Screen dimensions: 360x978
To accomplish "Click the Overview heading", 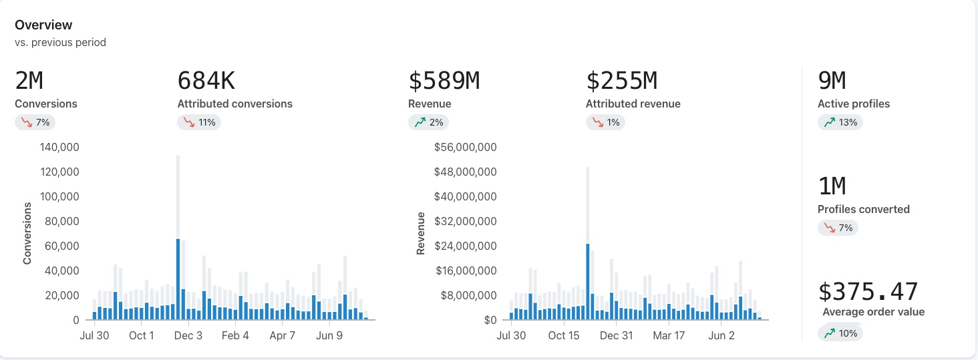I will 43,25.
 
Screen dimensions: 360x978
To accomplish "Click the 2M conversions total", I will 29,81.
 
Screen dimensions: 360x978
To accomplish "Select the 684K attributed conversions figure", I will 206,81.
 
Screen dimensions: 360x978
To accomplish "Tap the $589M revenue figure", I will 444,81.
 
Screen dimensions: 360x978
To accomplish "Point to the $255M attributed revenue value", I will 621,81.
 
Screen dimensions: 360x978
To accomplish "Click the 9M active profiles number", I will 832,81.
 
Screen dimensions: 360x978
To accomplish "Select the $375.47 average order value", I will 868,292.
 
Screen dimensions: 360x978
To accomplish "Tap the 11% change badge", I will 199,123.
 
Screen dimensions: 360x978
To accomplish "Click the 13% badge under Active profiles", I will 840,123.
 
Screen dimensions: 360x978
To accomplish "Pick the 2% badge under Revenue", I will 428,123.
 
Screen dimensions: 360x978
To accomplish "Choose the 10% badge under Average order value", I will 840,333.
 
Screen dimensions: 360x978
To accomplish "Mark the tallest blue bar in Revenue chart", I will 587,282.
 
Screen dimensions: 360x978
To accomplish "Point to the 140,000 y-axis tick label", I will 59,148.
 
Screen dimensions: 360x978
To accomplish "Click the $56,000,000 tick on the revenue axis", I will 465,148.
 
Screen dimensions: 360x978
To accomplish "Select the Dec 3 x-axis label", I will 188,336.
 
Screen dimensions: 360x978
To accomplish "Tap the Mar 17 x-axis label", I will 669,336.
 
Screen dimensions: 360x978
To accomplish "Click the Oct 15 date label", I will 564,336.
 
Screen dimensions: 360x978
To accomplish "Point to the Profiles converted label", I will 863,210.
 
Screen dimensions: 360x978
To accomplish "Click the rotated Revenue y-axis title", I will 421,233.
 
